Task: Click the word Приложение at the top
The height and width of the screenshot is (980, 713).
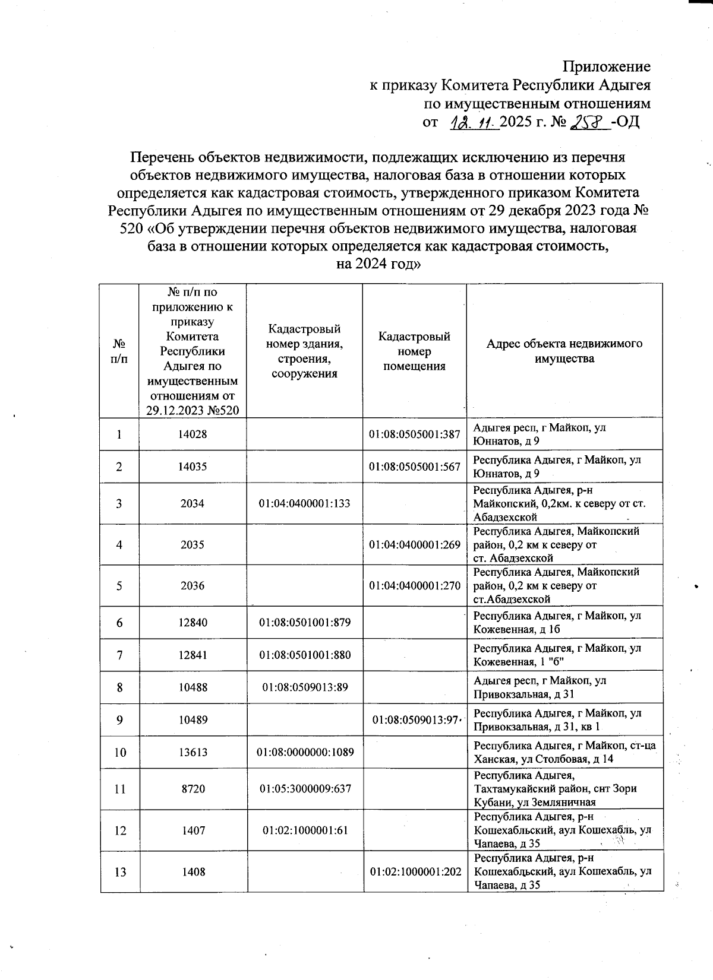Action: (607, 66)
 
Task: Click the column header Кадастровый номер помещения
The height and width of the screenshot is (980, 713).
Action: (414, 351)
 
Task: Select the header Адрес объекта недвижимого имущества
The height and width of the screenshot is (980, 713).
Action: (564, 351)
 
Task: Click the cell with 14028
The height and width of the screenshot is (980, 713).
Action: (193, 434)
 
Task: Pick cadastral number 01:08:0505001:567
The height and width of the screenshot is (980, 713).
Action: (414, 467)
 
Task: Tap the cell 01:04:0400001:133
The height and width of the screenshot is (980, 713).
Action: (304, 503)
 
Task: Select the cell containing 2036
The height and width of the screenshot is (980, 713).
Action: (193, 586)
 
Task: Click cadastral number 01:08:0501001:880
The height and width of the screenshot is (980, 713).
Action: (304, 655)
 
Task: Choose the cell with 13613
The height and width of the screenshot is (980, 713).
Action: (193, 753)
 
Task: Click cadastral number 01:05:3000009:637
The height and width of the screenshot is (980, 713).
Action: (304, 789)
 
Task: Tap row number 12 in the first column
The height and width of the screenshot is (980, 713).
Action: (119, 830)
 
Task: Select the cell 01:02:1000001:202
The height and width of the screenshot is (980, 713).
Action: (414, 872)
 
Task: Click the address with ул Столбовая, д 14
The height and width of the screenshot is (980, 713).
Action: (564, 753)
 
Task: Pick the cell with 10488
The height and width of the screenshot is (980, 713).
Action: (193, 687)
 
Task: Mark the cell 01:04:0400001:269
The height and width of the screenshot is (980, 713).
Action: (414, 544)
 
